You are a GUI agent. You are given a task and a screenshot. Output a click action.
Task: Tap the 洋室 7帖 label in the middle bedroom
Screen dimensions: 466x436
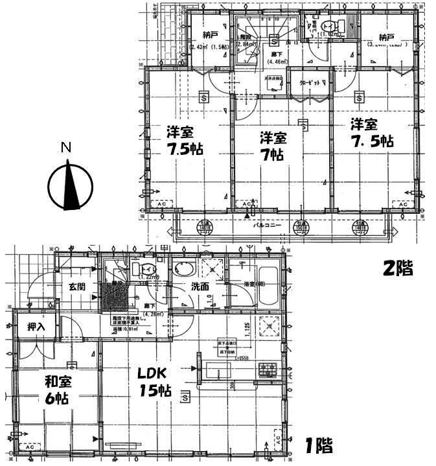tap(273, 146)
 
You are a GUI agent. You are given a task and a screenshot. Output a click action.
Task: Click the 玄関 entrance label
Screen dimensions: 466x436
tap(71, 286)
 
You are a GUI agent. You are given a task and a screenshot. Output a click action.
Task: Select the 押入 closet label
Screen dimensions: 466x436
tap(36, 327)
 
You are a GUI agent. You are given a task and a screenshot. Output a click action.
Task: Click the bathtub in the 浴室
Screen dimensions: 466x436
tap(268, 286)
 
